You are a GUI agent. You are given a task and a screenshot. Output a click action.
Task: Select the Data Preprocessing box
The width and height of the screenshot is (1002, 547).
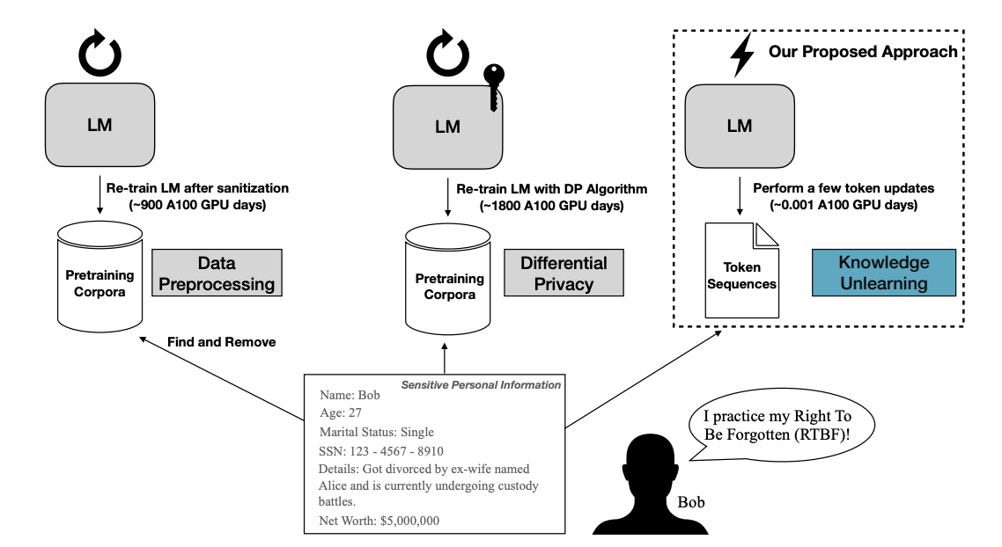pos(217,273)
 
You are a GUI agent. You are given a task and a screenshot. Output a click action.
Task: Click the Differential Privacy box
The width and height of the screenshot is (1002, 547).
pos(564,273)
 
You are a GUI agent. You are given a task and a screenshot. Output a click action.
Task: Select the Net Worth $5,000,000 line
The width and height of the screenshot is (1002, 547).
pos(379,521)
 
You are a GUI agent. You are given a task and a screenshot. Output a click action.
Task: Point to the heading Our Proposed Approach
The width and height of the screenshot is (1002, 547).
pos(862,52)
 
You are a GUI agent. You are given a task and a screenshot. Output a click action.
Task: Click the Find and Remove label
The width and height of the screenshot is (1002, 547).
pos(220,342)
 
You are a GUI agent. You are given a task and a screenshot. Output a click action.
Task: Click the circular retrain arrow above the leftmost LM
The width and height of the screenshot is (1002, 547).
pos(100,55)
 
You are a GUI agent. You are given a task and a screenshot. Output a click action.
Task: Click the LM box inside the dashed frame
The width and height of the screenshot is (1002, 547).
pos(740,125)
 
